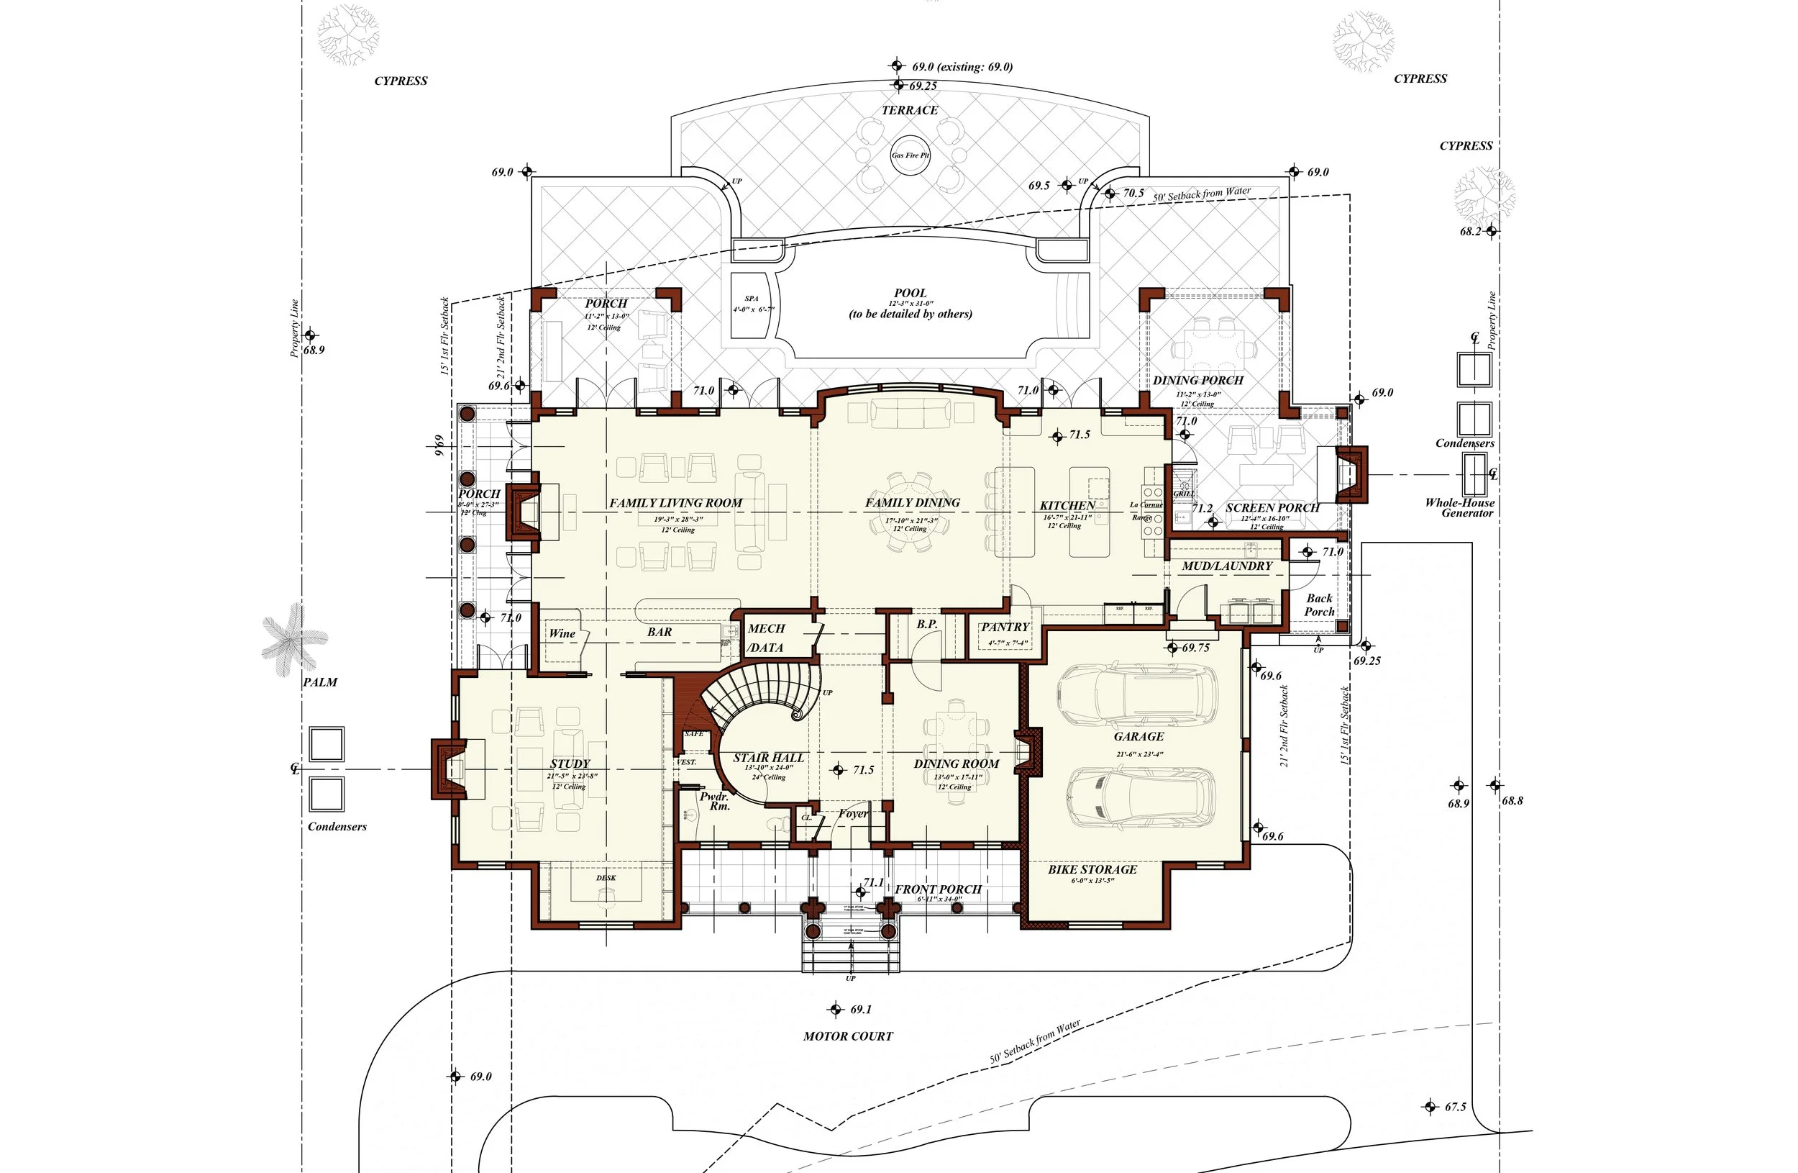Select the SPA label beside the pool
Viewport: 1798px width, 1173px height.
751,299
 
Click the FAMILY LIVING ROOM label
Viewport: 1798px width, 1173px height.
675,503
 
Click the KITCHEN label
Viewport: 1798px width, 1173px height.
1067,506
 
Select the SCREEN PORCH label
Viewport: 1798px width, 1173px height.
1272,508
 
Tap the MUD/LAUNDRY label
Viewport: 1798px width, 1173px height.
1227,566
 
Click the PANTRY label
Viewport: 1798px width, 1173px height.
1004,628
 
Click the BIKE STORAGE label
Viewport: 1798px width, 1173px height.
1092,870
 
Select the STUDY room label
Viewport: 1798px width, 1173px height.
570,764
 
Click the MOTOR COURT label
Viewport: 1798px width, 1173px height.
848,1037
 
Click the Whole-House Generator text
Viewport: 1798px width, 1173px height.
1459,508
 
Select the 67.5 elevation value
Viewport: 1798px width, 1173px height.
1455,1108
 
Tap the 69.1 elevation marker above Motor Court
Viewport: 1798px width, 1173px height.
836,1010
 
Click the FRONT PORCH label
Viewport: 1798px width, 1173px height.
938,889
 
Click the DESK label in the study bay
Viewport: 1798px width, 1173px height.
606,878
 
